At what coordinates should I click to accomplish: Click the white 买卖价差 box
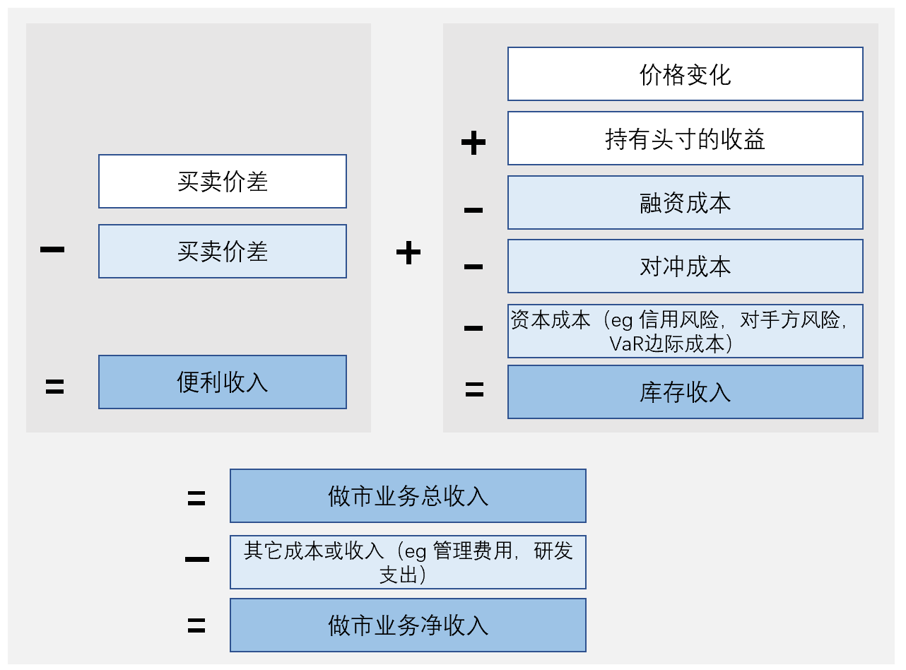click(223, 182)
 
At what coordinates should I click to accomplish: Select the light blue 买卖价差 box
click(223, 252)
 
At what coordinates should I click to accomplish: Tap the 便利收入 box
click(223, 382)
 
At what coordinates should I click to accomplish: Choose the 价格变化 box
click(685, 74)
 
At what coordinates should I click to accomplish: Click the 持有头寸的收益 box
click(685, 139)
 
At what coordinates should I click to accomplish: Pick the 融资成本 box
click(685, 203)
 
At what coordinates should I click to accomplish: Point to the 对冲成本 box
click(685, 266)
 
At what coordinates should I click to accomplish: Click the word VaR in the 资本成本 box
click(624, 343)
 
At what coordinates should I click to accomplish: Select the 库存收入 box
click(685, 392)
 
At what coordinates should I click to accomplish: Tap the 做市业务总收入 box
click(408, 496)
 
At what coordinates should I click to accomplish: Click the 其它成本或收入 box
click(408, 562)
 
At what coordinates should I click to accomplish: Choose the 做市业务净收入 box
click(408, 625)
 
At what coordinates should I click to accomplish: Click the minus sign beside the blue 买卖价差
click(53, 249)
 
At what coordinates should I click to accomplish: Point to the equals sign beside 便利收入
click(54, 386)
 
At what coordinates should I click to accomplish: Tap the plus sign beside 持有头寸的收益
click(473, 143)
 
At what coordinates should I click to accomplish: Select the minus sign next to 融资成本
click(473, 210)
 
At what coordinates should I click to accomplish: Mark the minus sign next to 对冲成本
click(473, 267)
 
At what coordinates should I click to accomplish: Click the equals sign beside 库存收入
click(474, 389)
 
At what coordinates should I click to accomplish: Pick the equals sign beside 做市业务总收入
click(196, 498)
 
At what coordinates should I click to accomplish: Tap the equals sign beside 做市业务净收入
click(196, 625)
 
